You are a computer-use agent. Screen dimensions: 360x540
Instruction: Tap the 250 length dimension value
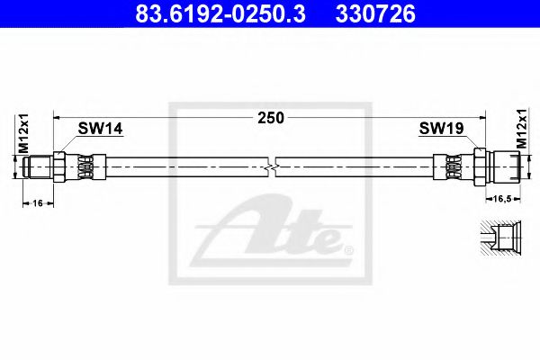click(271, 117)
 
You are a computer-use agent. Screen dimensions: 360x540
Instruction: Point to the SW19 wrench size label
click(441, 130)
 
